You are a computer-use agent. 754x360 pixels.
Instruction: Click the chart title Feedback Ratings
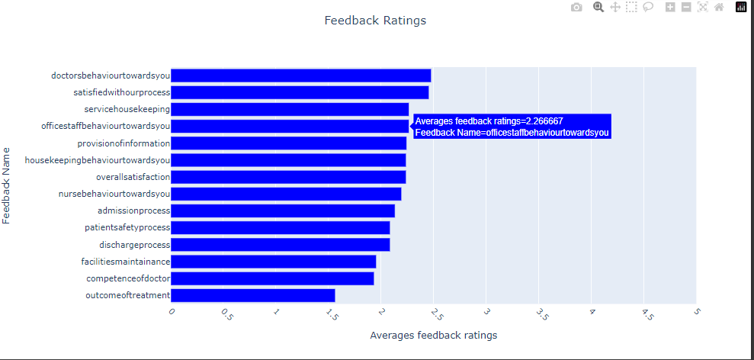coord(375,21)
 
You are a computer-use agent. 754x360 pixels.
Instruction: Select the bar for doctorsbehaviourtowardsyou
coord(300,76)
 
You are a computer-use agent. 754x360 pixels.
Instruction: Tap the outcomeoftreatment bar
coord(252,295)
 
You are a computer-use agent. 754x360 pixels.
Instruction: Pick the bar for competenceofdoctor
coord(272,278)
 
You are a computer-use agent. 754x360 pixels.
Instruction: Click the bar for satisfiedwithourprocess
coord(299,92)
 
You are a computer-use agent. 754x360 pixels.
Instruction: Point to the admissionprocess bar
coord(282,211)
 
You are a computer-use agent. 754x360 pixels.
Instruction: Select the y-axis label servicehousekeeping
coord(127,109)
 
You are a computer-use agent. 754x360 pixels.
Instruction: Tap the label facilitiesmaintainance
coord(125,262)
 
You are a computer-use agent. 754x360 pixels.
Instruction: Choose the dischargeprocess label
coord(134,245)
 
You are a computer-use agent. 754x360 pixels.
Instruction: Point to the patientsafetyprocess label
coord(127,227)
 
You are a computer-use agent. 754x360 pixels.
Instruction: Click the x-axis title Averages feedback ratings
coord(433,336)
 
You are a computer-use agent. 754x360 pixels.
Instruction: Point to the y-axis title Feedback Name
coord(7,185)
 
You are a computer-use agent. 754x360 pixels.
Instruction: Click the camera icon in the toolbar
coord(576,8)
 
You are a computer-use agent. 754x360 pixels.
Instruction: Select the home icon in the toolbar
coord(718,8)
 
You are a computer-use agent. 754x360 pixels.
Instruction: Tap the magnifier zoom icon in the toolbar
coord(598,8)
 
